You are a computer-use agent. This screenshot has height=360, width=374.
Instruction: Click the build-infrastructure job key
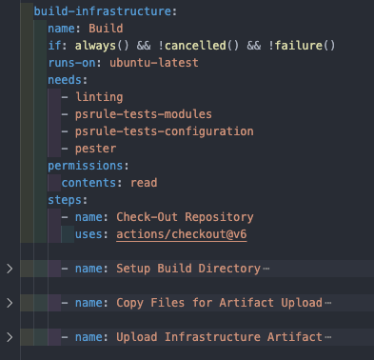91,12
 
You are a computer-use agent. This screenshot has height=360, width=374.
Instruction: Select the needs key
65,80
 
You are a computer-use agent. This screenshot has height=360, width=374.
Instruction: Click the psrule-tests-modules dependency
144,114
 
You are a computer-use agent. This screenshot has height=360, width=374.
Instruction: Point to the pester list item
96,149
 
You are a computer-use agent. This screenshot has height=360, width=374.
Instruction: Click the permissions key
86,166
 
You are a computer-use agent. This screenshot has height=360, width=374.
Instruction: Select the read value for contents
145,183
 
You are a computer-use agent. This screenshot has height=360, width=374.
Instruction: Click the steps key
65,200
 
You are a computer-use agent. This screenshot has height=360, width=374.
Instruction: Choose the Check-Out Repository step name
185,217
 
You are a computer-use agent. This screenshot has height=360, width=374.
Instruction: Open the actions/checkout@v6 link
186,234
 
